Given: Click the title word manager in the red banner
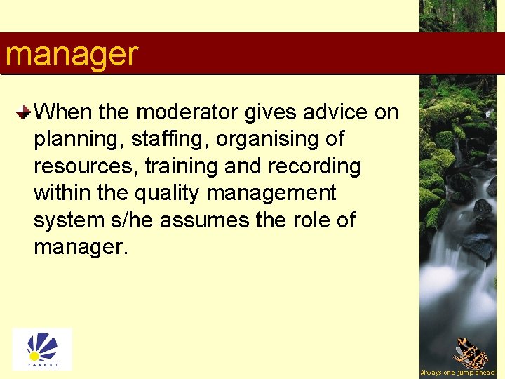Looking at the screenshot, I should [72, 54].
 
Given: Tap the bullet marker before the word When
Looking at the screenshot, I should [24, 112].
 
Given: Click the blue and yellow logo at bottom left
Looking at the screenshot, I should [42, 349].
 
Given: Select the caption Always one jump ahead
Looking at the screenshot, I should [457, 373].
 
